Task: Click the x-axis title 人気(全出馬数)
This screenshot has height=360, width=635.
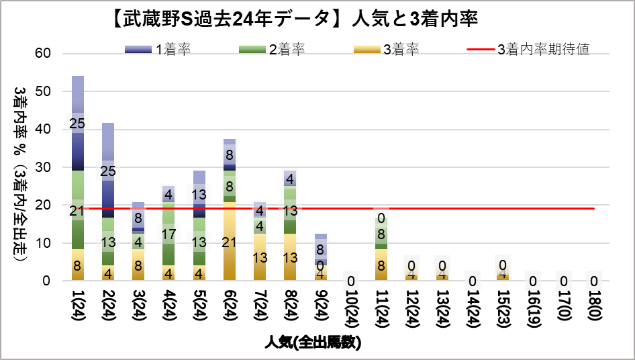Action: tap(312, 342)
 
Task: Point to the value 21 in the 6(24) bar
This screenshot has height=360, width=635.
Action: tap(230, 242)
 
